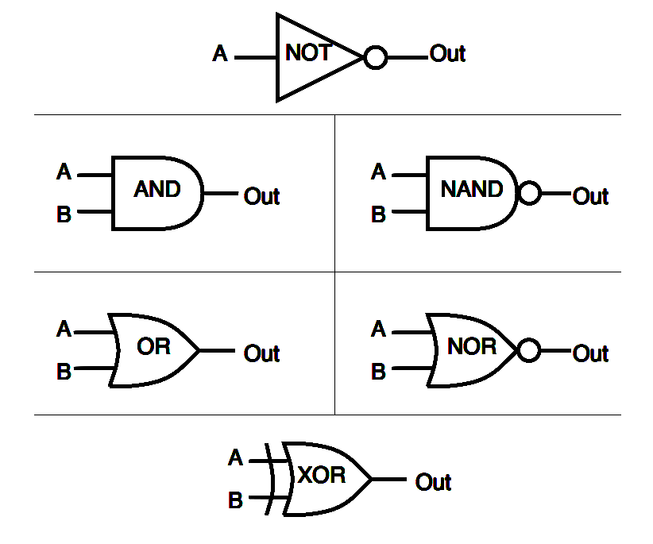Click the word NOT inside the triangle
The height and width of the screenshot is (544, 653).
pos(308,54)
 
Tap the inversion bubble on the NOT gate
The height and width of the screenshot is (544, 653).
pos(375,58)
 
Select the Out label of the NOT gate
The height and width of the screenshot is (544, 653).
pos(447,54)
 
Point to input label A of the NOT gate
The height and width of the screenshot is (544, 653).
pos(220,55)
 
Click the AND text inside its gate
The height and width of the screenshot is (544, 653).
pos(157,190)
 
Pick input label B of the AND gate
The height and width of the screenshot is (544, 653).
pos(64,214)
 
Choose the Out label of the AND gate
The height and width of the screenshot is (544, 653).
pos(261,196)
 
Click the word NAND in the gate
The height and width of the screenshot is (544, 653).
pos(472,190)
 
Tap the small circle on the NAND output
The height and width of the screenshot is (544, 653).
pos(528,193)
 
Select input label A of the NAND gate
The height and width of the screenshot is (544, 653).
pos(378,172)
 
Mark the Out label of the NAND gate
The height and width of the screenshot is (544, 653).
pos(590,196)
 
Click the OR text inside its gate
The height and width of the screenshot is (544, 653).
pos(153,347)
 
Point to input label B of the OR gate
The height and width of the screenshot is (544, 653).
pos(64,372)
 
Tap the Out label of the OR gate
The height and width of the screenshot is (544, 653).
pos(261,353)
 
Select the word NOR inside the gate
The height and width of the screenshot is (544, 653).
pos(472,347)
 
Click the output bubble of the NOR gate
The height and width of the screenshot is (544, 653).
pos(528,350)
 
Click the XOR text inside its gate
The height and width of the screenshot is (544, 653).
pos(322,476)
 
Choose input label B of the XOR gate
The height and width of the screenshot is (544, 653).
pos(235,501)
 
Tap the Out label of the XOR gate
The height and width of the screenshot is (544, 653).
pos(433,482)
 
